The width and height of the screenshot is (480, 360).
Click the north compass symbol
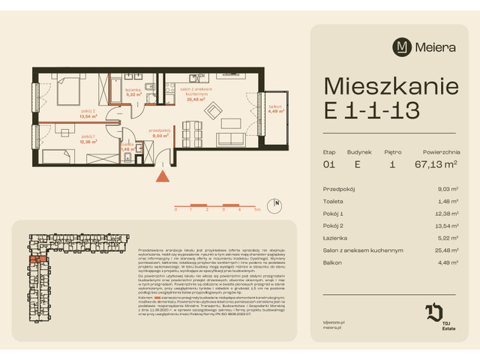pyautogui.click(x=276, y=202)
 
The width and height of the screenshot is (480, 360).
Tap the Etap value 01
pyautogui.click(x=328, y=166)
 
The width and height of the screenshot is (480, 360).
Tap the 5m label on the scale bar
pyautogui.click(x=257, y=211)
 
